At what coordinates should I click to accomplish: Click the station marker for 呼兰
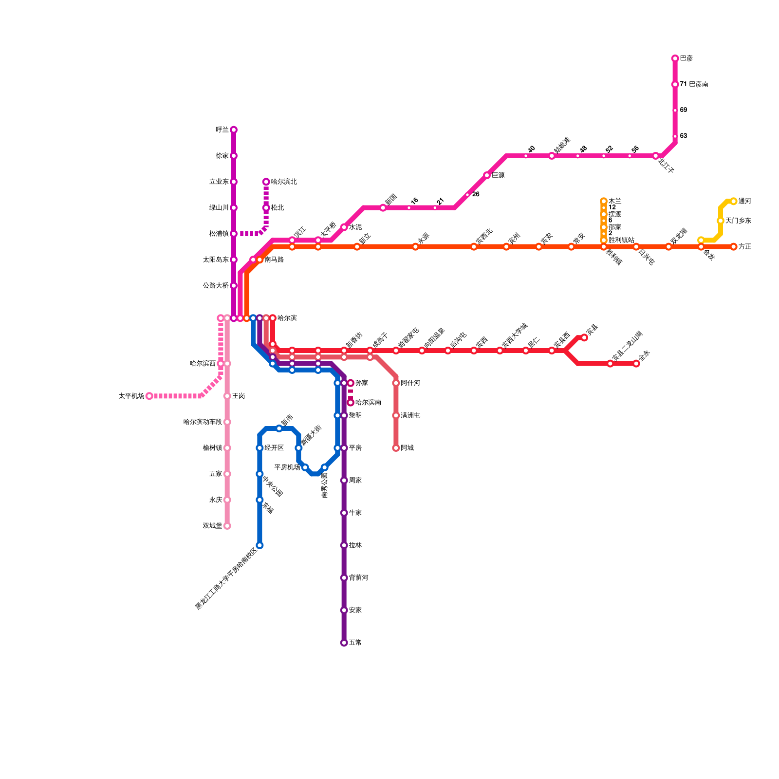234,130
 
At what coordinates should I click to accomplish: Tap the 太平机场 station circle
149,396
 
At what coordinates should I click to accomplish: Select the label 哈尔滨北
284,182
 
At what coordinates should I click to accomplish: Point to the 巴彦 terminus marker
675,58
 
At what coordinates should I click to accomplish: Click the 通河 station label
744,201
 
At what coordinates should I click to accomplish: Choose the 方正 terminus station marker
734,247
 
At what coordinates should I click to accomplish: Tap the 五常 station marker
344,643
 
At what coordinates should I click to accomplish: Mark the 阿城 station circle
396,448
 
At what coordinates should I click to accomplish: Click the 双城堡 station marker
227,526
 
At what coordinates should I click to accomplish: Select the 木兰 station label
615,201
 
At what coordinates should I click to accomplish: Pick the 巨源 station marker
487,175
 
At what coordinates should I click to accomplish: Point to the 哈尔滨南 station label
368,403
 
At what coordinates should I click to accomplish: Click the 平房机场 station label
287,467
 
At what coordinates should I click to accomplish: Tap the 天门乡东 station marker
720,221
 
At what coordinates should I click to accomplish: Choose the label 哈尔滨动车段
203,422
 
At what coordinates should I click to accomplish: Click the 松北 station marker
266,208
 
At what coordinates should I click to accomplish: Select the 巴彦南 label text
698,84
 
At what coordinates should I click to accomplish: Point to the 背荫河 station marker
344,578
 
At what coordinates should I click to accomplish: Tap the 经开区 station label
274,448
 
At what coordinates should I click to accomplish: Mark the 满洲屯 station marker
396,415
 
